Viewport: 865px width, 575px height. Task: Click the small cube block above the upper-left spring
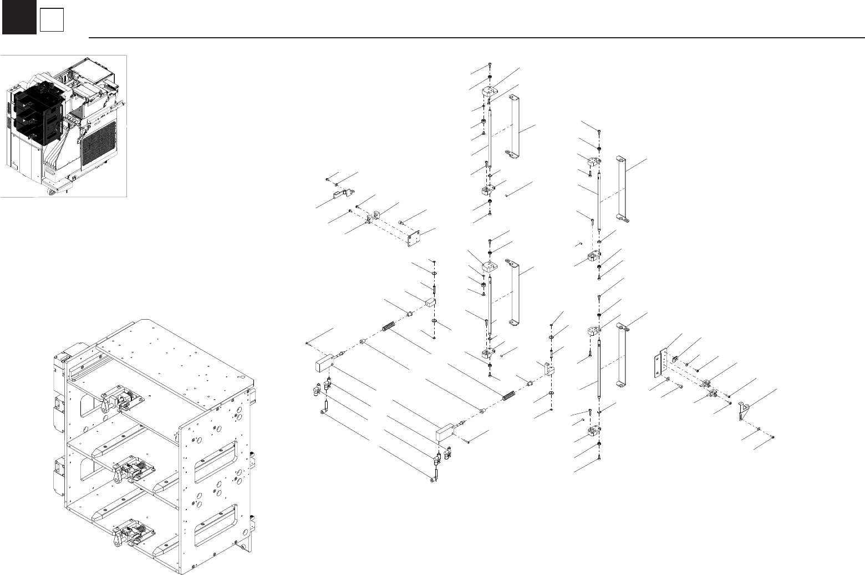tap(431, 302)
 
